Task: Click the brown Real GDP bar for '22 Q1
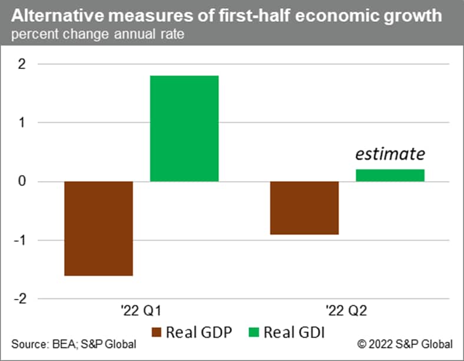(98, 228)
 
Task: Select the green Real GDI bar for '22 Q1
(184, 128)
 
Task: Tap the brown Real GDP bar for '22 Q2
(304, 208)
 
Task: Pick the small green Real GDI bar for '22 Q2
(390, 175)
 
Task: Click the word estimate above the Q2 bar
(389, 154)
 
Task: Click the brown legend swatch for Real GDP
(157, 332)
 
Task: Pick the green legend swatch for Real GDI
(255, 332)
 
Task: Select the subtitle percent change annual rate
(97, 34)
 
